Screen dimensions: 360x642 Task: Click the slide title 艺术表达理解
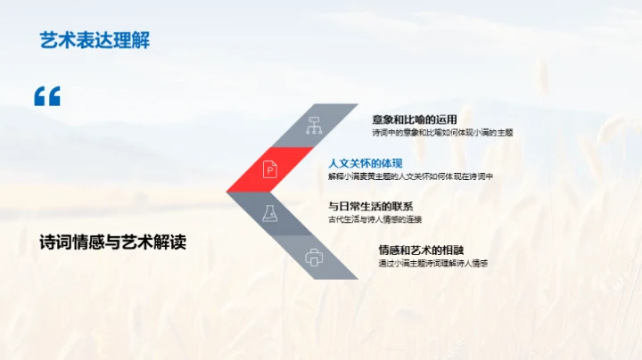[x=93, y=40]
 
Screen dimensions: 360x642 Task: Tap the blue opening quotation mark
[x=47, y=96]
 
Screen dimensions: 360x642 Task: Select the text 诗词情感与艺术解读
[x=113, y=242]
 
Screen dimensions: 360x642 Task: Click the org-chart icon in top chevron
[x=314, y=126]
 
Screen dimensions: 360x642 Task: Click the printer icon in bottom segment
[x=314, y=258]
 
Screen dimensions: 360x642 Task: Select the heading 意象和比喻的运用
[x=415, y=119]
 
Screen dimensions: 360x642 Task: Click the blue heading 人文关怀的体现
[x=366, y=162]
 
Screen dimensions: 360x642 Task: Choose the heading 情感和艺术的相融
[x=421, y=250]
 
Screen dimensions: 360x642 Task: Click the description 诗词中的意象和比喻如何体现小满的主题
[x=442, y=132]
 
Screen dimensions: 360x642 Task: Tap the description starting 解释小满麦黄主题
[x=411, y=176]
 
